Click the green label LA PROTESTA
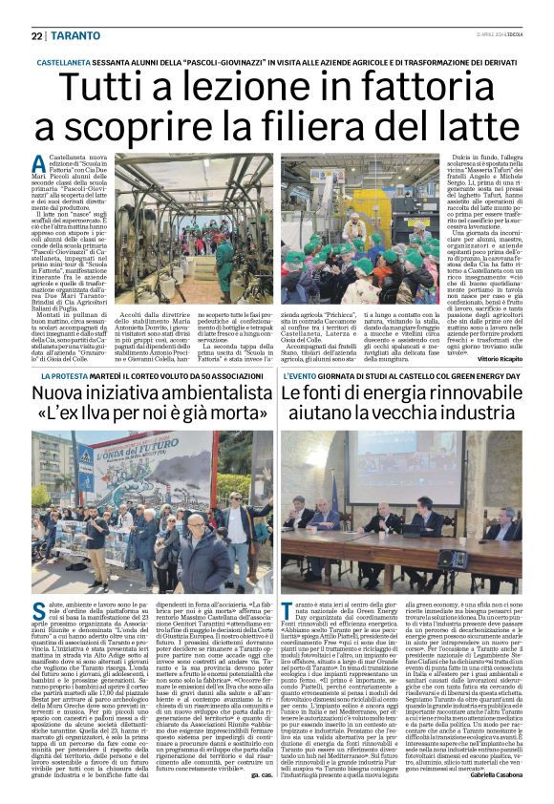coord(59,378)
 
